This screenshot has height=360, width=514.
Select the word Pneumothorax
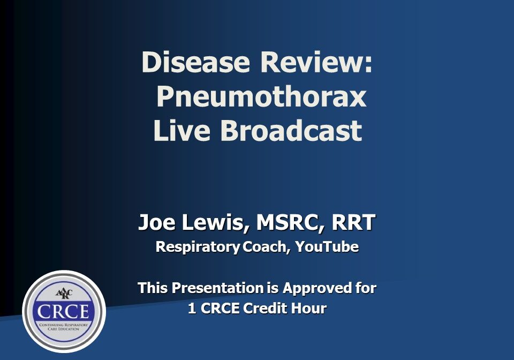point(261,97)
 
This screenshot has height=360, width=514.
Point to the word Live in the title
point(182,131)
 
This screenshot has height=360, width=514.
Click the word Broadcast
point(291,131)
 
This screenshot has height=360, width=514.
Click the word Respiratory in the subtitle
point(198,247)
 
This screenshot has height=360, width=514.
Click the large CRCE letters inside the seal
point(64,311)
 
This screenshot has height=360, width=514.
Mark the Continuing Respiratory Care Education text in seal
point(64,326)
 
